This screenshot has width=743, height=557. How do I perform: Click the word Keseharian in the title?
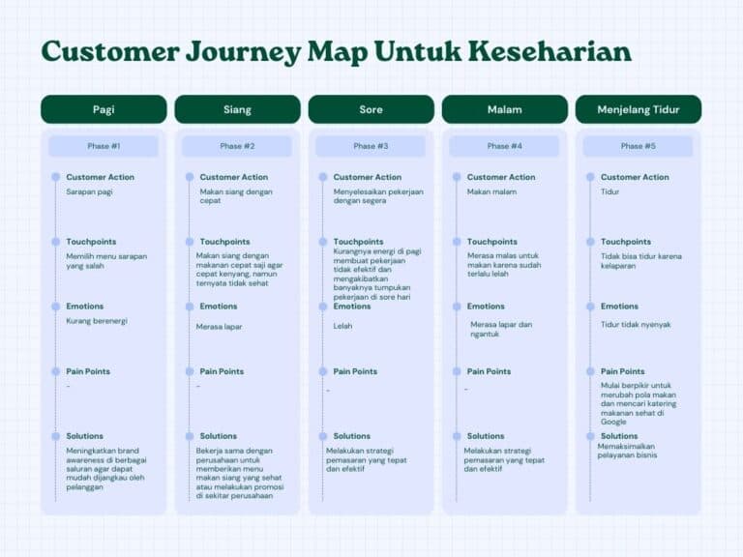(x=550, y=51)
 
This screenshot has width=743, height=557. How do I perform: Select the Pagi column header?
(x=104, y=109)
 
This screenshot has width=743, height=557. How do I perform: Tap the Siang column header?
(x=237, y=109)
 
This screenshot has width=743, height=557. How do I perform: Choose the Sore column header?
(x=371, y=109)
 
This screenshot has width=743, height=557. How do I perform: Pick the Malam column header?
(x=504, y=109)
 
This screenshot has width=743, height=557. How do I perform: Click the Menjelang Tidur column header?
(x=638, y=109)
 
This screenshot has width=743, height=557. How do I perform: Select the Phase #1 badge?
(x=104, y=146)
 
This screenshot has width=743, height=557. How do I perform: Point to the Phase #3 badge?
(x=371, y=146)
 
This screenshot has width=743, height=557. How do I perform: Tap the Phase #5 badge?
(x=638, y=146)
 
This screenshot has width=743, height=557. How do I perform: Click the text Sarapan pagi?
(x=89, y=191)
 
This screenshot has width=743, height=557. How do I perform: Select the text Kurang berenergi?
(x=97, y=321)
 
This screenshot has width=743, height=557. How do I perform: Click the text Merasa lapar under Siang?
(x=219, y=327)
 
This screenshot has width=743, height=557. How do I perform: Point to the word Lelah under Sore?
(x=343, y=327)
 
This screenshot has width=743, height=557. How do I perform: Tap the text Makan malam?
(x=491, y=191)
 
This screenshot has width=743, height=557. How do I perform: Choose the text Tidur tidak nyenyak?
(x=636, y=325)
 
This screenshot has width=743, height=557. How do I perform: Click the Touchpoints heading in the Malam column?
(x=493, y=242)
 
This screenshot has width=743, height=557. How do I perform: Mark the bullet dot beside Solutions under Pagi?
(x=55, y=436)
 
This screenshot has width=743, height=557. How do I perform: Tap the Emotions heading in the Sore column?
(x=352, y=307)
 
